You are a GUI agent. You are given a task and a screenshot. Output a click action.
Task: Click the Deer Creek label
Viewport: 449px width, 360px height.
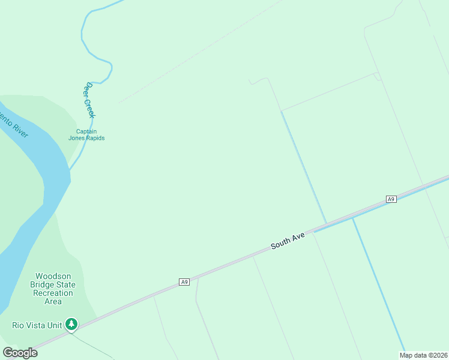[x=90, y=100]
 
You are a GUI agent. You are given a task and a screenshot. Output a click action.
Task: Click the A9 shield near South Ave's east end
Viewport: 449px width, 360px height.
[x=391, y=199]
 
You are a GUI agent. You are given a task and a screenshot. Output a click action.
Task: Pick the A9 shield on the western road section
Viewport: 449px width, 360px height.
[x=184, y=281]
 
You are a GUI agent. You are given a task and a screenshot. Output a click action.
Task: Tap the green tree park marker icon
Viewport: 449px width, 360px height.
[x=72, y=325]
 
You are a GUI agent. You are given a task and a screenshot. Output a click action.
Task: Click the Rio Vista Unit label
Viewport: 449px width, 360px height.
[x=37, y=325]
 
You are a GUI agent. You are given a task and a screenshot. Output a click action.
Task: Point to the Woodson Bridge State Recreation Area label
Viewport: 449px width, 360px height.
[x=53, y=289]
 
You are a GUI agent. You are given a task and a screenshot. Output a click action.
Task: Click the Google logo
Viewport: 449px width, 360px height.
[x=20, y=353]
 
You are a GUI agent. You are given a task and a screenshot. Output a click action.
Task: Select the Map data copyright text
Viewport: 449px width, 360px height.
[x=424, y=355]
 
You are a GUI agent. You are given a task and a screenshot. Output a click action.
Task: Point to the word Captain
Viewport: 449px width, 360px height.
[x=86, y=131]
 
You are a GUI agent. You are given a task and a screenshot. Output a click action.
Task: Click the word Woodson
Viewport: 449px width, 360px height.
[x=53, y=277]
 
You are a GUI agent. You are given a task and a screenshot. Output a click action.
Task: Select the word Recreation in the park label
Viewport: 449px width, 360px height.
[x=53, y=293]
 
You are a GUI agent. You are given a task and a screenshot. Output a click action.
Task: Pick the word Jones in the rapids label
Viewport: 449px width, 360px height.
[x=76, y=138]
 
